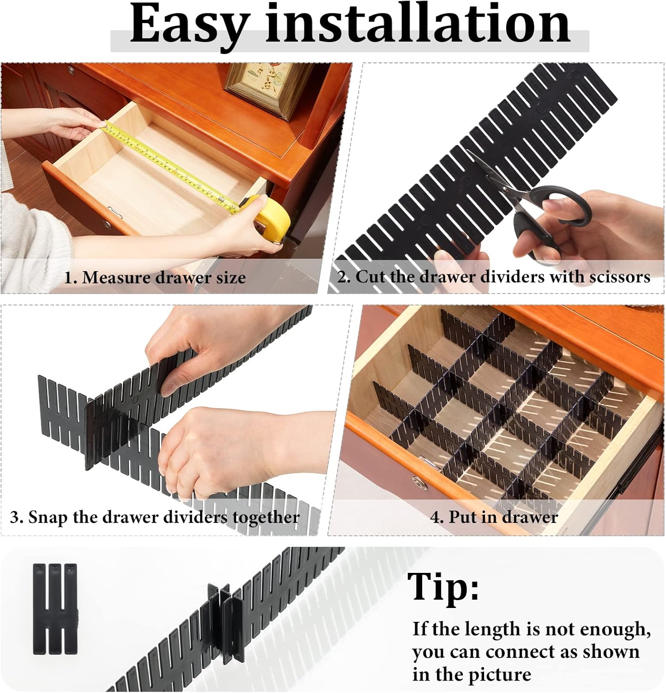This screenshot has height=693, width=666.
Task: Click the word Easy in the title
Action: pos(189,24)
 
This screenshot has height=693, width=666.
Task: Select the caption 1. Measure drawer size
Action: pos(155,278)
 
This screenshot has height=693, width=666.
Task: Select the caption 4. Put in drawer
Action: pos(494,517)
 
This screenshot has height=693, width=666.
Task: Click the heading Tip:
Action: pos(443,587)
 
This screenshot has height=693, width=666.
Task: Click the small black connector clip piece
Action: pos(55,608)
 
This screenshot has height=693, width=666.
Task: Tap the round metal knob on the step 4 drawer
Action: pos(419,483)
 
